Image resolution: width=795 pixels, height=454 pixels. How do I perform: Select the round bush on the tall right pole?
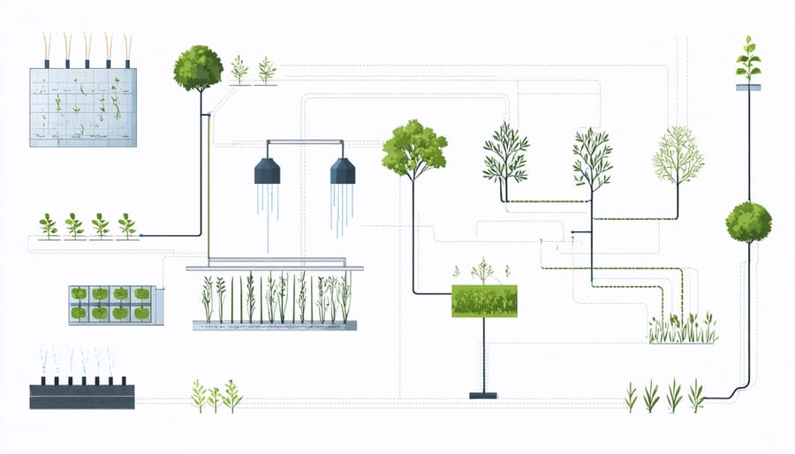tap(748, 223)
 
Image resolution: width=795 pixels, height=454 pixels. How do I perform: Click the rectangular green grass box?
tap(484, 301)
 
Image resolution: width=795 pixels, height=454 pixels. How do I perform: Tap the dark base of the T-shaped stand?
tap(483, 395)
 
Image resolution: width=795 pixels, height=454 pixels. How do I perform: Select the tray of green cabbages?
tap(110, 303)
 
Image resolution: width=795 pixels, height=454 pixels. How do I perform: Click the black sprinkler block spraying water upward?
tap(82, 395)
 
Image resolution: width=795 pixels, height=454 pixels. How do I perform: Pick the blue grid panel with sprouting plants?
tap(83, 107)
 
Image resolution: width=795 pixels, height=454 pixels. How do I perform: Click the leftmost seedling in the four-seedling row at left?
tap(48, 225)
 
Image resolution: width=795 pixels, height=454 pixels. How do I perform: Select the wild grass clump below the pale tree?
tap(681, 329)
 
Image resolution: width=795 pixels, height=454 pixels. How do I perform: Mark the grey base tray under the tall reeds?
tap(274, 326)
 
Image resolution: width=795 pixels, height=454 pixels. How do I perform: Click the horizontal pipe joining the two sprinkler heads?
tap(304, 140)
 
